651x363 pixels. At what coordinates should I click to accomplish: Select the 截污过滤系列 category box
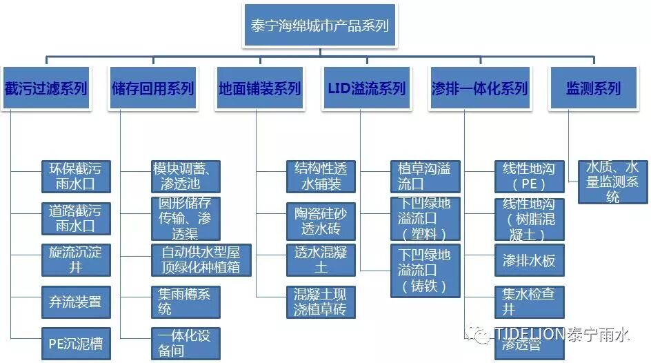click(x=46, y=88)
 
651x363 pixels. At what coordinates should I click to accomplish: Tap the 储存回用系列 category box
click(x=152, y=88)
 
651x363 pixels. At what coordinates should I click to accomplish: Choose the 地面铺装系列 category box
click(x=259, y=88)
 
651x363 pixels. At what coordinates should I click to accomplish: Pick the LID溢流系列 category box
click(x=366, y=88)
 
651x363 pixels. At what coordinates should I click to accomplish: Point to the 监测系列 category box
click(x=583, y=88)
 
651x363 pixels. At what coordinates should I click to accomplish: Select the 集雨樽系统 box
click(x=185, y=302)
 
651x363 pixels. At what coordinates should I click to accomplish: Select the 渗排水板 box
click(x=529, y=260)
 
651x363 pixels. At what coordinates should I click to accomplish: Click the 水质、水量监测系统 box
click(x=612, y=181)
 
